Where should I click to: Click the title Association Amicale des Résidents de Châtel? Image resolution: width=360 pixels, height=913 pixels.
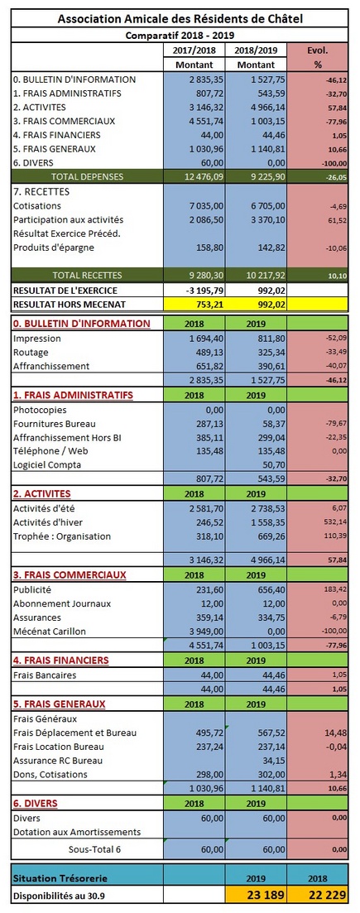point(180,19)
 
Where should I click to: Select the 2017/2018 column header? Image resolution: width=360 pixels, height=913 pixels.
point(194,50)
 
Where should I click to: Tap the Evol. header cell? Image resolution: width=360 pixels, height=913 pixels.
point(318,50)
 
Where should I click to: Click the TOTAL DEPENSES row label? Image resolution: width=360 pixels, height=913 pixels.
point(88,175)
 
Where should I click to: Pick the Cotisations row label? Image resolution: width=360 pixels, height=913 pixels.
point(36,205)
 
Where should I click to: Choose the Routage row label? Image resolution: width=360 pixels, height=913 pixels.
point(31,353)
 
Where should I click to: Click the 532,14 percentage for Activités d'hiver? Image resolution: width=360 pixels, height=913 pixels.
point(329,522)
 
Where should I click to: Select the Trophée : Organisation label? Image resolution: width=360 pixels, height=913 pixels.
point(62,536)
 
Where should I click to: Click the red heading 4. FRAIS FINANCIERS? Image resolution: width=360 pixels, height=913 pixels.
point(60,661)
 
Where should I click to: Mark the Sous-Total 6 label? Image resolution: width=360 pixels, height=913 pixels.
point(94,849)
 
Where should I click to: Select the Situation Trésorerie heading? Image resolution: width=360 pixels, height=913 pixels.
point(60,877)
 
